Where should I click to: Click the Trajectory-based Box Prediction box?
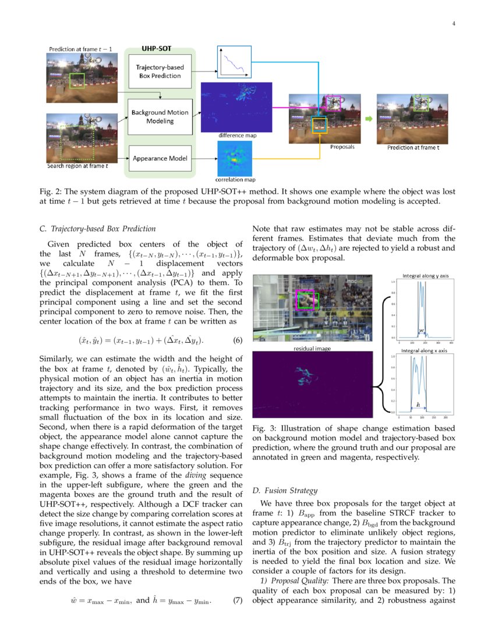160,72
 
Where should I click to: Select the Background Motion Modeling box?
160,116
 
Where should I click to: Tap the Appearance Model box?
159,158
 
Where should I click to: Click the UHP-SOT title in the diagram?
157,50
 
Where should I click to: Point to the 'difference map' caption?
237,136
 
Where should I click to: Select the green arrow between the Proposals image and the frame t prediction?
368,119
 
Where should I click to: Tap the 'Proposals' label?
342,147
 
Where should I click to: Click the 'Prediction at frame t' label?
413,148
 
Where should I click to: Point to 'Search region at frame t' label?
77,166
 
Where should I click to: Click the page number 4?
453,24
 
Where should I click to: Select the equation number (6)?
237,340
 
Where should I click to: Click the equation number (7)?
237,600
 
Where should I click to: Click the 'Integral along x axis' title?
425,351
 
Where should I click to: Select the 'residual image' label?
311,349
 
